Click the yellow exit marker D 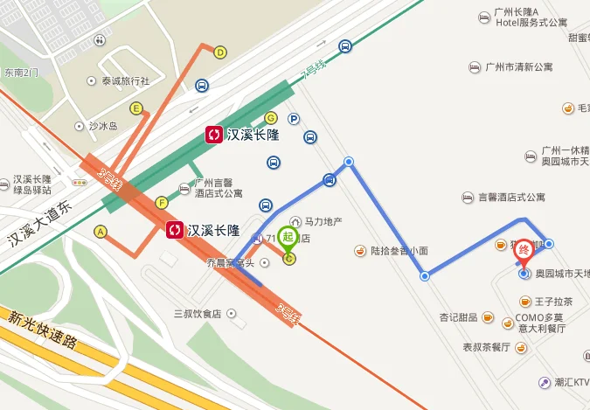click(220, 52)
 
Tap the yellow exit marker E click(136, 108)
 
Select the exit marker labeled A click(101, 232)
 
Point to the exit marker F click(162, 203)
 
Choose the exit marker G click(271, 118)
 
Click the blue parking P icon click(295, 119)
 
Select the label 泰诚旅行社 click(126, 81)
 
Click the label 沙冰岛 click(102, 126)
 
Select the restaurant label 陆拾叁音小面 click(399, 251)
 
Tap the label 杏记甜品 click(459, 316)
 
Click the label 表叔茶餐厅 click(486, 347)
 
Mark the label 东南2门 click(21, 73)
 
